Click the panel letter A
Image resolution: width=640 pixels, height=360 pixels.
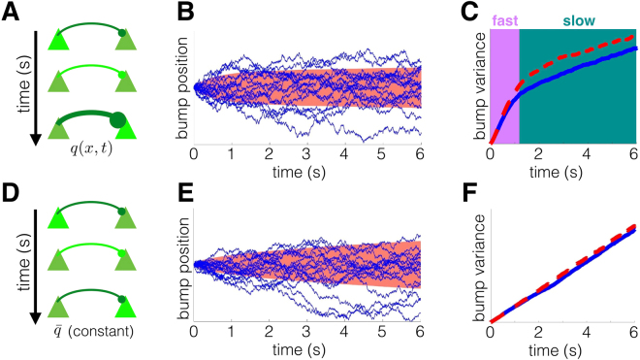11,11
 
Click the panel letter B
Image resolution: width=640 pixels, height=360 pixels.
185,11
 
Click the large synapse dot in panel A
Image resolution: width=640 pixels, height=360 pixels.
117,120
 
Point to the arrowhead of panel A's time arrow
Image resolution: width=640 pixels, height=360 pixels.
35,140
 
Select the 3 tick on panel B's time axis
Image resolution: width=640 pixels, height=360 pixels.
307,153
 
